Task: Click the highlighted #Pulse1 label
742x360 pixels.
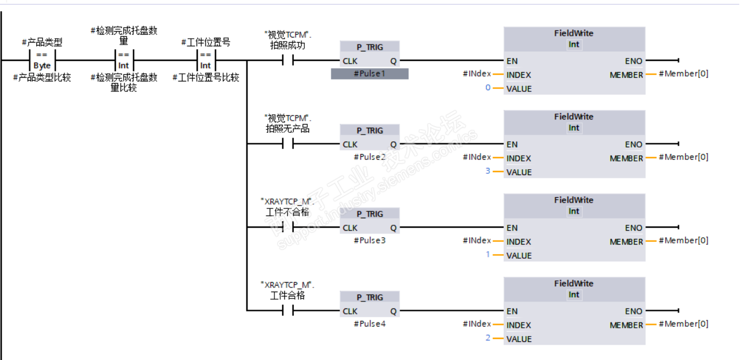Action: pyautogui.click(x=369, y=74)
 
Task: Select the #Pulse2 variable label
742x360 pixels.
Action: pyautogui.click(x=369, y=157)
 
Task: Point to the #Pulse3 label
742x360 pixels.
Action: pyautogui.click(x=369, y=241)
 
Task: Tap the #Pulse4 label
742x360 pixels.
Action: pyautogui.click(x=369, y=324)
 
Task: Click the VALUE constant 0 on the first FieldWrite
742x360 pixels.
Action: pyautogui.click(x=487, y=89)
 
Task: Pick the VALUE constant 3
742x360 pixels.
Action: pyautogui.click(x=487, y=172)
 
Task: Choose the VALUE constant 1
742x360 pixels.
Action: pyautogui.click(x=487, y=256)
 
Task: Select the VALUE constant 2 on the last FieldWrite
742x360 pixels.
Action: pyautogui.click(x=487, y=339)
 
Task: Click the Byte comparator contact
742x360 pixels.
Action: pyautogui.click(x=42, y=60)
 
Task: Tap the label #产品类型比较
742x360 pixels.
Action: pyautogui.click(x=42, y=77)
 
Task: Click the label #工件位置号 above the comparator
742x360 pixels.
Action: pyautogui.click(x=205, y=42)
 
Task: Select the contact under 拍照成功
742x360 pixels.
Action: pyautogui.click(x=287, y=60)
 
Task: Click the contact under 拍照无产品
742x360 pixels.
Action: pyautogui.click(x=287, y=144)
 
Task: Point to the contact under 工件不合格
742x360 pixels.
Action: pyautogui.click(x=287, y=227)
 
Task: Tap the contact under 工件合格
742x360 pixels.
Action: pyautogui.click(x=287, y=311)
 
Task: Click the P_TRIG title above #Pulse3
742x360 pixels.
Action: pyautogui.click(x=369, y=214)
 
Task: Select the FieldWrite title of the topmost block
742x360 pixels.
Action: pyautogui.click(x=573, y=33)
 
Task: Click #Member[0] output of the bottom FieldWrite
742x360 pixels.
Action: pyautogui.click(x=683, y=324)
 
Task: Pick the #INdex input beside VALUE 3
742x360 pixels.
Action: pyautogui.click(x=477, y=157)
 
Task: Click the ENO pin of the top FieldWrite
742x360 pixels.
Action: pyautogui.click(x=633, y=61)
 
